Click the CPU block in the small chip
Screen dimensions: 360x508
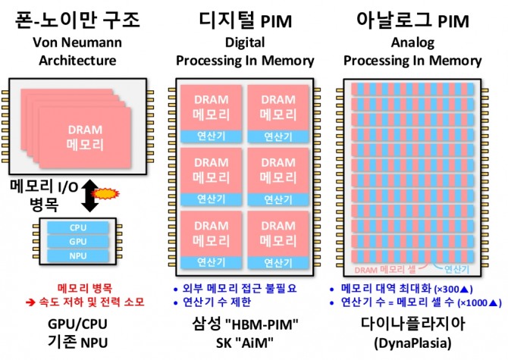pyautogui.click(x=78, y=226)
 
